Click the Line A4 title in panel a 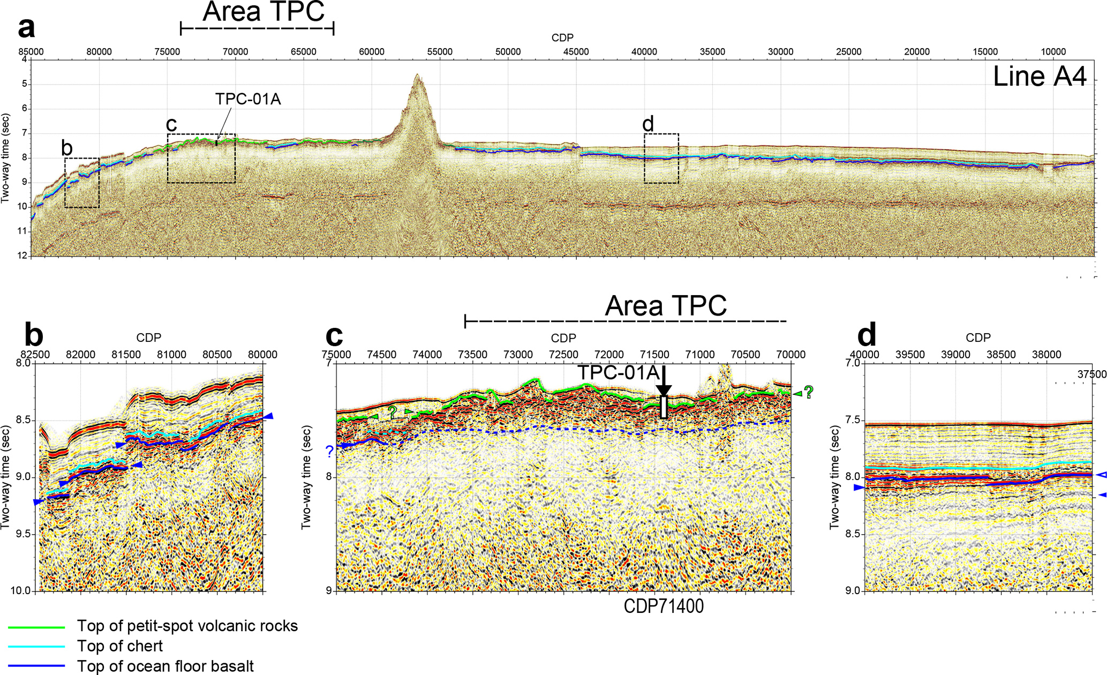1040,77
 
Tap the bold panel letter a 27,28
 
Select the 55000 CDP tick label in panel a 440,52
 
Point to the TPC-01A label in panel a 248,99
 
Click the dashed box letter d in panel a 648,124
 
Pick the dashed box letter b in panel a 67,148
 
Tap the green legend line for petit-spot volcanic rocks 36,627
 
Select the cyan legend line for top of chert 36,647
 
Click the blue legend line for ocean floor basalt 36,666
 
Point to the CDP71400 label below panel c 664,606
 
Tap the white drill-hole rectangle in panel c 664,407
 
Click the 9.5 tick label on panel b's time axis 24,534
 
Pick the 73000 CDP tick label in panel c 518,355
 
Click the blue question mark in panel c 329,452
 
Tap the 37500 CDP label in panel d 1092,374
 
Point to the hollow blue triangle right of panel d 1102,474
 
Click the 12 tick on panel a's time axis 22,256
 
